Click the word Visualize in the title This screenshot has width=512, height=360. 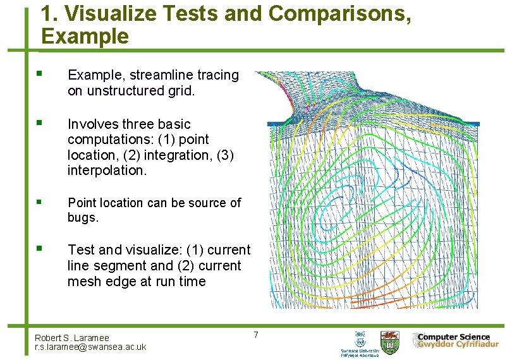(x=104, y=15)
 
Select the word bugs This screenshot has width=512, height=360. (x=83, y=218)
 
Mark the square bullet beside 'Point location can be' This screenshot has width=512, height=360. (x=39, y=202)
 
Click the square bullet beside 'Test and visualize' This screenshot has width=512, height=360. (x=39, y=249)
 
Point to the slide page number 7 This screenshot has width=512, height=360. (x=256, y=334)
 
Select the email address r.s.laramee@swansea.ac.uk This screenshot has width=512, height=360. (x=90, y=347)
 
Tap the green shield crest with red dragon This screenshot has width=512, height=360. (x=389, y=342)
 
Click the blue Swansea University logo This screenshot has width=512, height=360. (x=360, y=344)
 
